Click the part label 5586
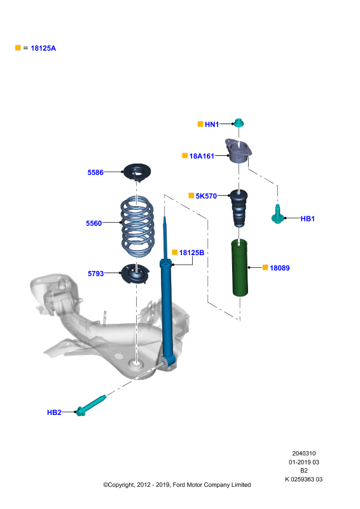[x=95, y=172]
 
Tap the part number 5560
[x=93, y=223]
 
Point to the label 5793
[x=96, y=274]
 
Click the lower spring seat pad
[x=135, y=274]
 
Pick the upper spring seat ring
[x=137, y=172]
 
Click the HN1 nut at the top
[x=239, y=123]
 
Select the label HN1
[x=212, y=124]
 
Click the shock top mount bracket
[x=239, y=151]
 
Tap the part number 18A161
[x=202, y=156]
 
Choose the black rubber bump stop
[x=239, y=208]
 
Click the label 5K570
[x=206, y=196]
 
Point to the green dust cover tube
[x=240, y=268]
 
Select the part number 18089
[x=279, y=268]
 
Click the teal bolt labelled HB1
[x=277, y=214]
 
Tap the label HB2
[x=54, y=412]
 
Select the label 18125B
[x=191, y=253]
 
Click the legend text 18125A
[x=43, y=48]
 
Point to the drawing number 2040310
[x=304, y=454]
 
